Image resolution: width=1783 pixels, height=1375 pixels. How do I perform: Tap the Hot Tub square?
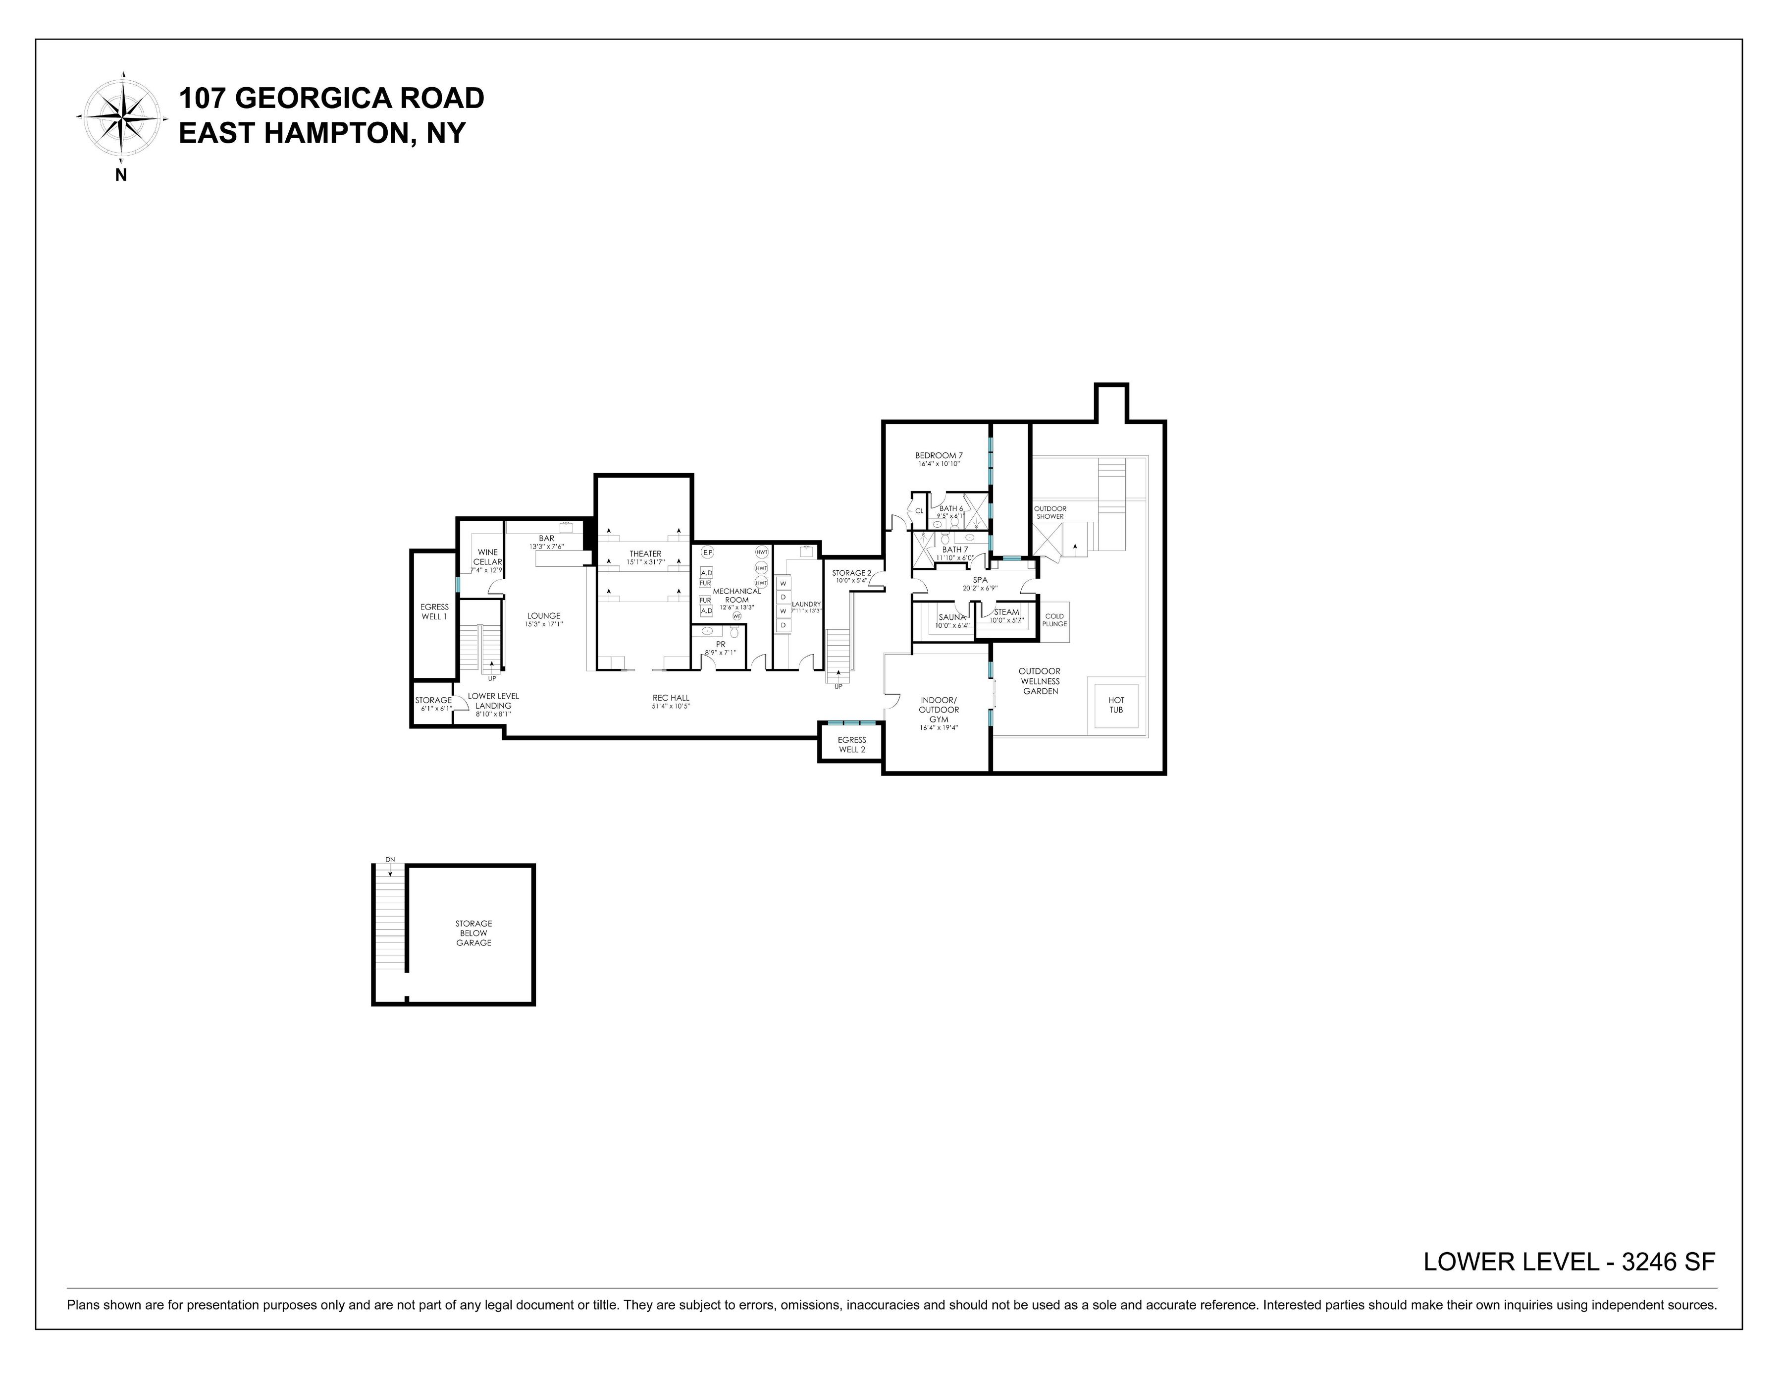(x=1116, y=705)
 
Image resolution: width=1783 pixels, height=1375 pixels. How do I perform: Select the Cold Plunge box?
(x=1054, y=620)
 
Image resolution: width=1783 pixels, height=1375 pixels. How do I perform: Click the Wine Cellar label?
(x=487, y=557)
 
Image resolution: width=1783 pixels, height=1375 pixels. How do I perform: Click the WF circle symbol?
(x=736, y=616)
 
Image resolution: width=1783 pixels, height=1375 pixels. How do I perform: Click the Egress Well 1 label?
(x=434, y=611)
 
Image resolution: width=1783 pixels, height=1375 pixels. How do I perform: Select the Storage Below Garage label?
(x=473, y=934)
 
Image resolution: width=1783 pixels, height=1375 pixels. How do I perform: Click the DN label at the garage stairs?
(x=390, y=860)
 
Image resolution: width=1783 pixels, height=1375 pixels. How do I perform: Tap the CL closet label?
(x=919, y=511)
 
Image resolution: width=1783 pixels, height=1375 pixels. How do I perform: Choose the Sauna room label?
(x=952, y=617)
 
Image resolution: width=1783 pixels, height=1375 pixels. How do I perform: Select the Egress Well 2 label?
(x=851, y=745)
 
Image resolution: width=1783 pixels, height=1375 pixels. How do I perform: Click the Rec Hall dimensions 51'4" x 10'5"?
(x=671, y=706)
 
